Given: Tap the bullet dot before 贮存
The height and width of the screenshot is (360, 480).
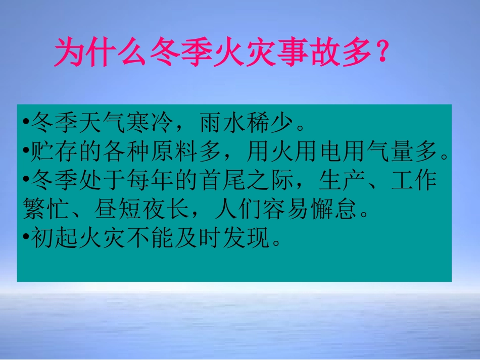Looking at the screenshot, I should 26,152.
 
